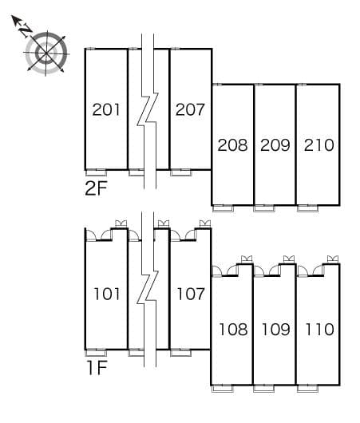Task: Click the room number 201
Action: pyautogui.click(x=106, y=109)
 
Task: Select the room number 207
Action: pyautogui.click(x=190, y=109)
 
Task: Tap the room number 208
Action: pyautogui.click(x=232, y=145)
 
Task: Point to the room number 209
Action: pyautogui.click(x=275, y=145)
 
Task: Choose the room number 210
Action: pyautogui.click(x=319, y=145)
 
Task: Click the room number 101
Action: pyautogui.click(x=107, y=294)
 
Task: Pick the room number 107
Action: pyautogui.click(x=191, y=294)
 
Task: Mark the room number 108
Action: pyautogui.click(x=233, y=330)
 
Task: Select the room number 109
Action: pyautogui.click(x=276, y=330)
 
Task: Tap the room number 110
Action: pyautogui.click(x=319, y=330)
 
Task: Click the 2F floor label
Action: pyautogui.click(x=96, y=188)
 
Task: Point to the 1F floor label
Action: pyautogui.click(x=97, y=368)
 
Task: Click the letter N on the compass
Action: pyautogui.click(x=26, y=30)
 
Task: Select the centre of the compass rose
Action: pyautogui.click(x=46, y=53)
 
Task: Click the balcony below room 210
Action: pyautogui.click(x=308, y=208)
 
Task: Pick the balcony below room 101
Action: pyautogui.click(x=96, y=353)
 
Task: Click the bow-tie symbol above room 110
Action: pyautogui.click(x=333, y=259)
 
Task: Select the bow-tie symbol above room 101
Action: pyautogui.click(x=121, y=223)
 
